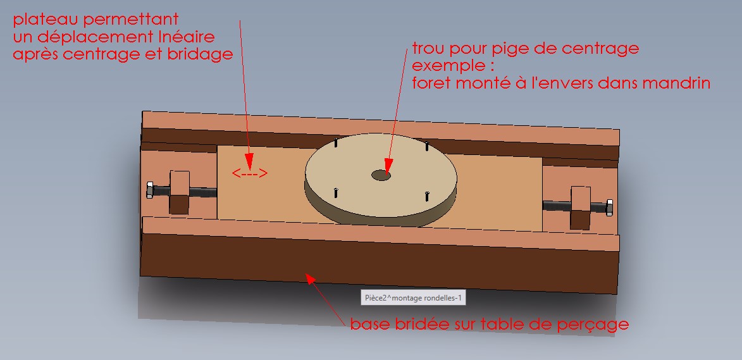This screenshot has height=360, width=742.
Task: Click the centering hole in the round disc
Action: pos(381,175)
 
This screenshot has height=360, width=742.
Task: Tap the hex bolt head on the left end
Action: pos(150,190)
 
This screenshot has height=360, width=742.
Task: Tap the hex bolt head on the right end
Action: pos(610,208)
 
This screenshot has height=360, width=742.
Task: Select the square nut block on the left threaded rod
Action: pos(180,192)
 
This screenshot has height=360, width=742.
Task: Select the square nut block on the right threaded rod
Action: pos(581,208)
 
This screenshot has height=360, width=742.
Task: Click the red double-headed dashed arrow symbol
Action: pos(250,173)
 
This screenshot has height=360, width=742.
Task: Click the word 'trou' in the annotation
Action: pos(429,49)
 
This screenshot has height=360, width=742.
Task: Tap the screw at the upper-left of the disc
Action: pos(335,142)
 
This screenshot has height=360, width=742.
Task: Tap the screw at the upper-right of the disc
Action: pos(427,146)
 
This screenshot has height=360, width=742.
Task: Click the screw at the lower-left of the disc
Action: pos(335,192)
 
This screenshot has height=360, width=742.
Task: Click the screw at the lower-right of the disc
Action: pos(427,196)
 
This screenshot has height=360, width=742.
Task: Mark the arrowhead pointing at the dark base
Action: pos(311,279)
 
